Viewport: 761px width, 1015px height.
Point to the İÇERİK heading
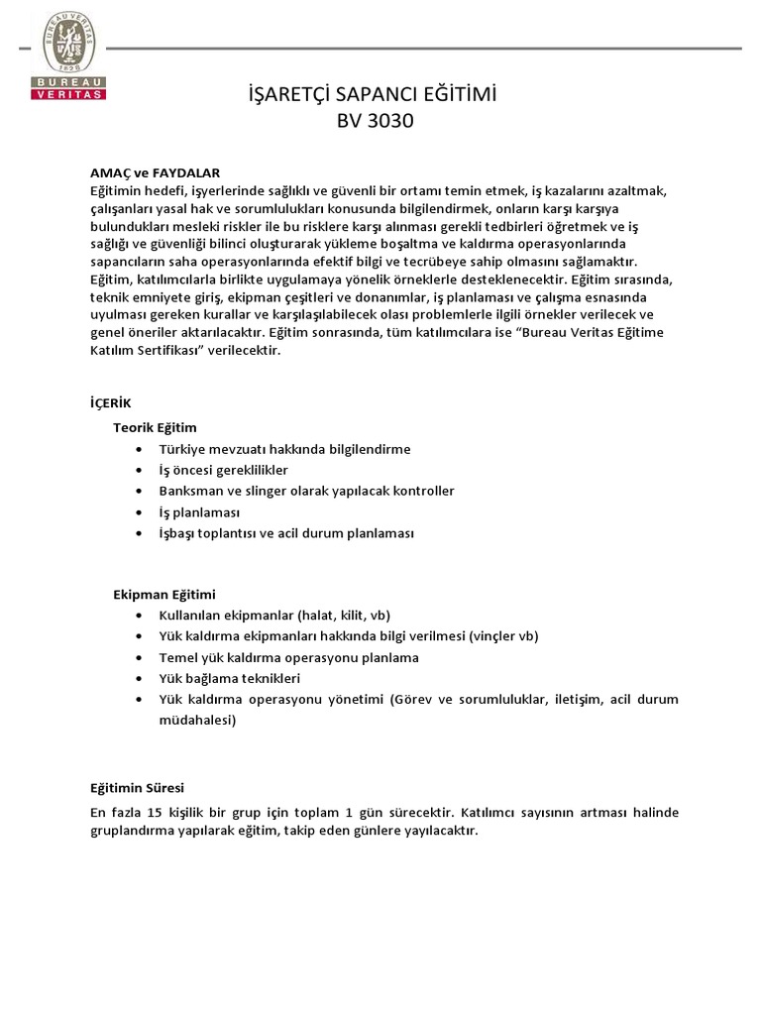tap(110, 403)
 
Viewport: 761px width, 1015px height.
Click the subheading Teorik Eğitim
tap(155, 427)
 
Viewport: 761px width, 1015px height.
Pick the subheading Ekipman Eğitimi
tap(163, 594)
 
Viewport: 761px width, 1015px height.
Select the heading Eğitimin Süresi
tap(137, 788)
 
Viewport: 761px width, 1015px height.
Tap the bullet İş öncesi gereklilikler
tap(223, 470)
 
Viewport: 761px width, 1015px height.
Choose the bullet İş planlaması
tap(199, 512)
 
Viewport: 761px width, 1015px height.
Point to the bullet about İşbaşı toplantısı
tap(278, 533)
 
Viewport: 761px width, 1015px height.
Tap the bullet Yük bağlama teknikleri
tap(229, 678)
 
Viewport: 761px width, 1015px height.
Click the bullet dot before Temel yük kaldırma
tap(137, 657)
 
